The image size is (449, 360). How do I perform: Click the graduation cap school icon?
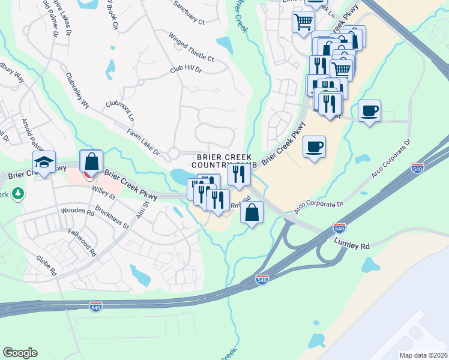pyautogui.click(x=44, y=161)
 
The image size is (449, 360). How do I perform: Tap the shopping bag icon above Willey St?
pyautogui.click(x=91, y=161)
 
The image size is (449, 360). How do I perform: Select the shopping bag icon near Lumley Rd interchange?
pyautogui.click(x=252, y=212)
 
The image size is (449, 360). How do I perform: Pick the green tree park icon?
pyautogui.click(x=18, y=193)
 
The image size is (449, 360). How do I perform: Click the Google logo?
pyautogui.click(x=20, y=353)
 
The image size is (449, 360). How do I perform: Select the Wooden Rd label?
pyautogui.click(x=77, y=212)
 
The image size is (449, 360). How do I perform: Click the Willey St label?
pyautogui.click(x=104, y=194)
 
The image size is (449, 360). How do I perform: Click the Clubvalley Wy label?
pyautogui.click(x=77, y=94)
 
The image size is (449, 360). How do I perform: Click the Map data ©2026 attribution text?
pyautogui.click(x=423, y=355)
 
